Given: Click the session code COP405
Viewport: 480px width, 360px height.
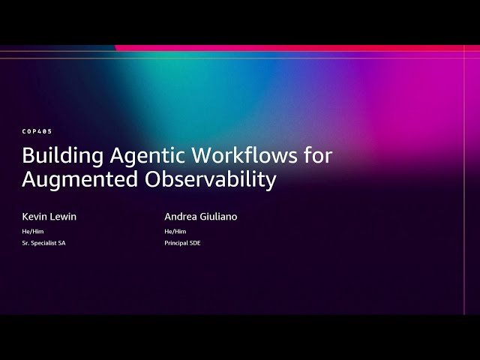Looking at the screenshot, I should pyautogui.click(x=37, y=131).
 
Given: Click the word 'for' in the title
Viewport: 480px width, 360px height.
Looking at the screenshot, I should pyautogui.click(x=318, y=156).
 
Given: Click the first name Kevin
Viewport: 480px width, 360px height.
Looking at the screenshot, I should pyautogui.click(x=34, y=217).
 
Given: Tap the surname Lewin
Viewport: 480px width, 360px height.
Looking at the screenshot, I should pyautogui.click(x=63, y=217).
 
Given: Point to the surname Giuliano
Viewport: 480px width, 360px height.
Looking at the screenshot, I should pyautogui.click(x=218, y=217).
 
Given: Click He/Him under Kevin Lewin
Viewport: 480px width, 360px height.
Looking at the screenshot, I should pyautogui.click(x=33, y=231).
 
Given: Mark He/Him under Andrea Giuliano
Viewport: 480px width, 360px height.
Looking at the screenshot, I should pyautogui.click(x=175, y=231).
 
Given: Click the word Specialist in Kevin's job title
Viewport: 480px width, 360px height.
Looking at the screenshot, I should pyautogui.click(x=44, y=243).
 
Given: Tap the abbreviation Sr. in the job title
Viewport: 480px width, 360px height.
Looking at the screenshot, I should pyautogui.click(x=26, y=243).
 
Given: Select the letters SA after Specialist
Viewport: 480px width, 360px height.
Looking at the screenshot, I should pyautogui.click(x=61, y=243).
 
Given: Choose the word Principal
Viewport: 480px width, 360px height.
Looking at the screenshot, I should pyautogui.click(x=177, y=243).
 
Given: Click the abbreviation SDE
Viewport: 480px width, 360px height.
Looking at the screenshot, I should pyautogui.click(x=195, y=243).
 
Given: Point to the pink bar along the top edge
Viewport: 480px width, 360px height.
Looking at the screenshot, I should pyautogui.click(x=300, y=48).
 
